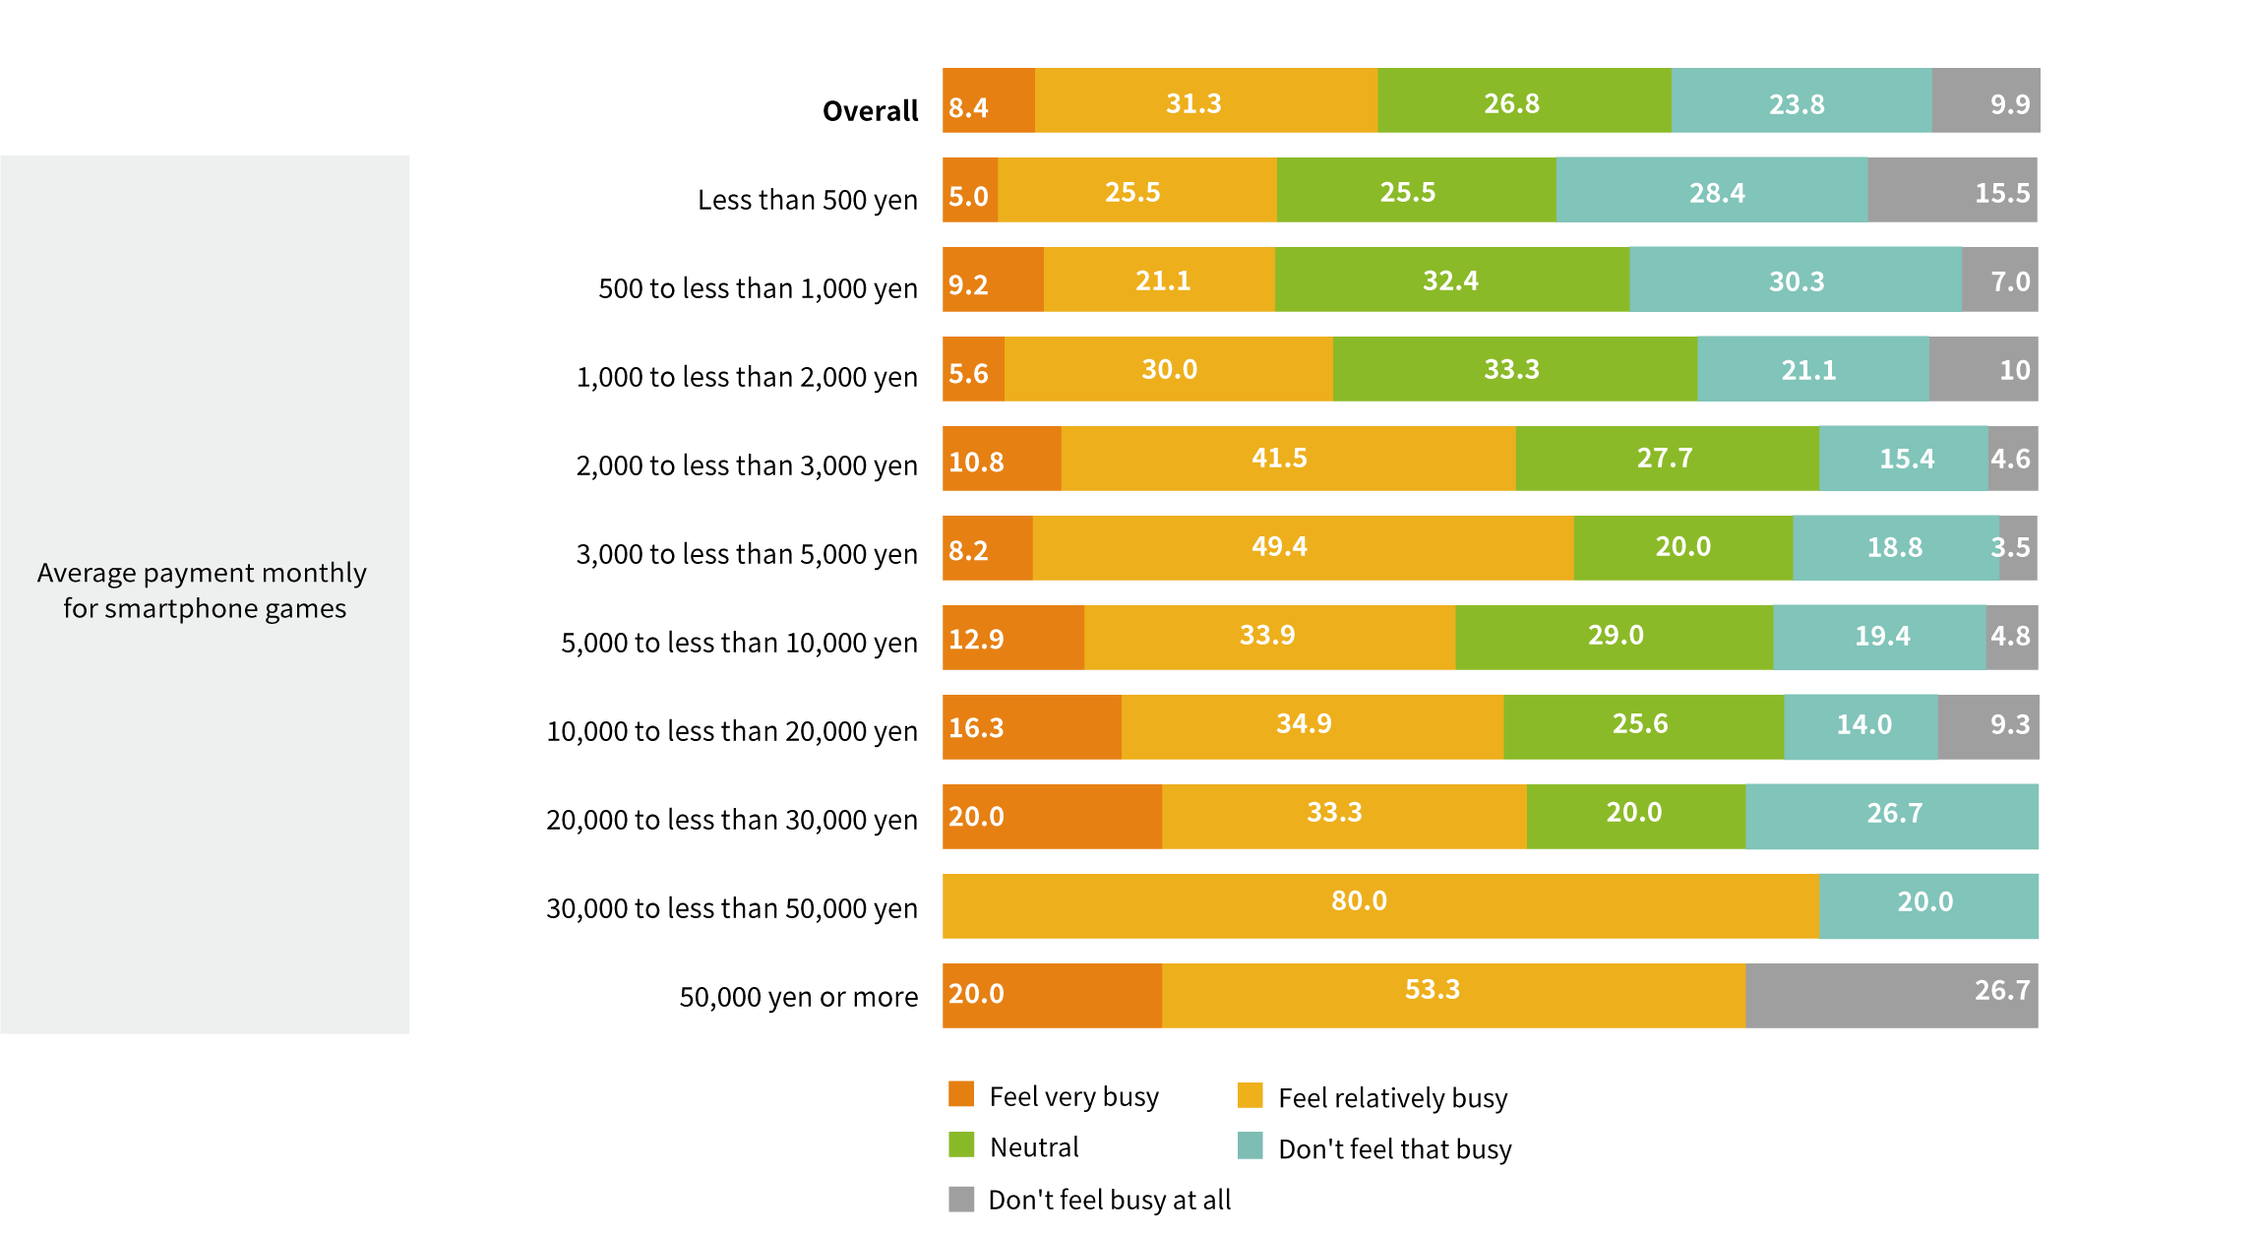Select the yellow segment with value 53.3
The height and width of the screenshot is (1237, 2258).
(1453, 995)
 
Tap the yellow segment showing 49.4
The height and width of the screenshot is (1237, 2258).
(1303, 548)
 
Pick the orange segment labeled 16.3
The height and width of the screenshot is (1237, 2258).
(1031, 727)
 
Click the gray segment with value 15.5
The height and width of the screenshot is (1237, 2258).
(1952, 190)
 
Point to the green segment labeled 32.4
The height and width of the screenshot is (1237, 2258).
(1451, 279)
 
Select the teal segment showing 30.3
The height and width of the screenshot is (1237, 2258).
(1796, 279)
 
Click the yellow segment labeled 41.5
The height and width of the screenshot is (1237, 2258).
(1288, 459)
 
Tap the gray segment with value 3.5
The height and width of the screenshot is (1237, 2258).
(2018, 548)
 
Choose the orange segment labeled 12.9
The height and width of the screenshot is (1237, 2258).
(1013, 638)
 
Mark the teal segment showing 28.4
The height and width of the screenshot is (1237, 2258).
(1711, 190)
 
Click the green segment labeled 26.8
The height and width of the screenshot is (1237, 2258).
(1524, 100)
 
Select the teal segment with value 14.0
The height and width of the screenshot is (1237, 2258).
(1861, 727)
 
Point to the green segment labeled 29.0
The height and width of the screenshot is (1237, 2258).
(1614, 638)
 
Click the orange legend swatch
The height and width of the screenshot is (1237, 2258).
(961, 1094)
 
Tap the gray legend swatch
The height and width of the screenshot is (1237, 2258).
(961, 1199)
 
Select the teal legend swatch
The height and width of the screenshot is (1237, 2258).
(1251, 1145)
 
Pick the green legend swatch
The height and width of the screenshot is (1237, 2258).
(961, 1144)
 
